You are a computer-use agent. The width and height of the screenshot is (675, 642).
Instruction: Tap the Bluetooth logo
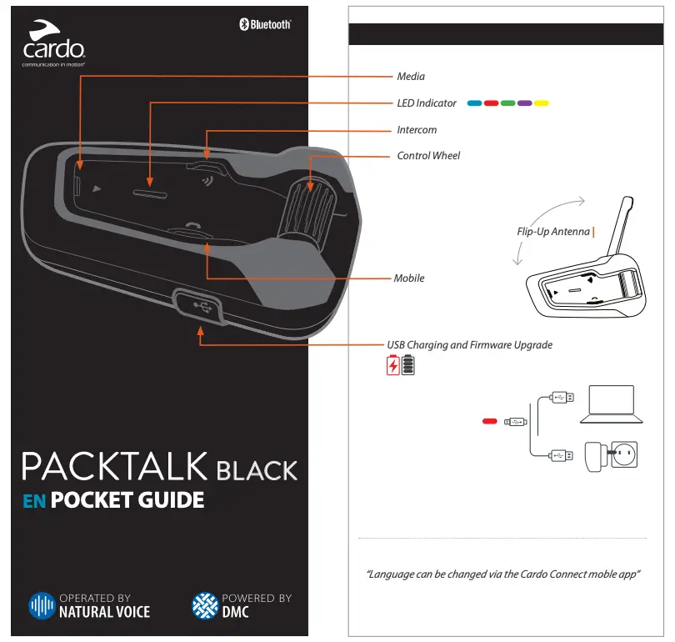[x=265, y=24]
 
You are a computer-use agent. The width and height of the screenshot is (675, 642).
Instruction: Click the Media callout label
[x=411, y=77]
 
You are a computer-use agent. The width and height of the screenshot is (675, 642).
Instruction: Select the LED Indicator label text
[x=427, y=103]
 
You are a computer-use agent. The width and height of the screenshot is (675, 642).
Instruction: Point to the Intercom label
[x=417, y=130]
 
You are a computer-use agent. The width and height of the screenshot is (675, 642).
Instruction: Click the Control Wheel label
[x=428, y=156]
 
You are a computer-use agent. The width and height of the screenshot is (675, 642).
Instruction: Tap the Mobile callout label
[x=409, y=278]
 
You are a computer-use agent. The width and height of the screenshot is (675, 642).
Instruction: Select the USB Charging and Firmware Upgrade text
[x=469, y=344]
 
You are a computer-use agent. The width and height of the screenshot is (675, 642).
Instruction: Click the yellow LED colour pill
[x=541, y=103]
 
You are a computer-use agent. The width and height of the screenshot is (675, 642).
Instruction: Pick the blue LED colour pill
[x=474, y=103]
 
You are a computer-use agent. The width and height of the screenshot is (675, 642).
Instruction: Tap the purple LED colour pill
[x=524, y=103]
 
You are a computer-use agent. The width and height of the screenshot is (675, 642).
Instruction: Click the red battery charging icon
[x=392, y=366]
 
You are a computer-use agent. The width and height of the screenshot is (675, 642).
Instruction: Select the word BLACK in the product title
[x=257, y=470]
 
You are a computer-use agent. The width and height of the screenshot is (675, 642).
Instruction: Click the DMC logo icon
[x=204, y=605]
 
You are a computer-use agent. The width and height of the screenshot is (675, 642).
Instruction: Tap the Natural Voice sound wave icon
[x=42, y=605]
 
